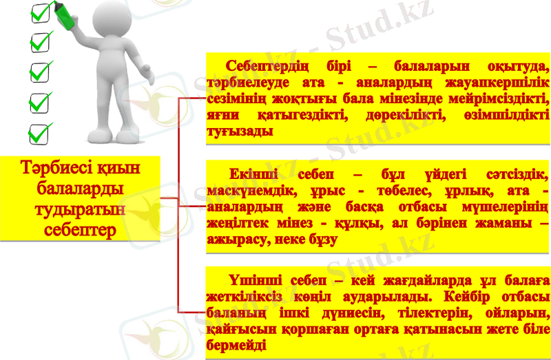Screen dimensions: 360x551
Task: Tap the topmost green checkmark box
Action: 41,12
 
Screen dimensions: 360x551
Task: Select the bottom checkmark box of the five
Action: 41,131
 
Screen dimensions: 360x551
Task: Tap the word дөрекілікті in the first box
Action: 397,114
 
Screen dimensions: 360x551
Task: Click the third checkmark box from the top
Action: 41,71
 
